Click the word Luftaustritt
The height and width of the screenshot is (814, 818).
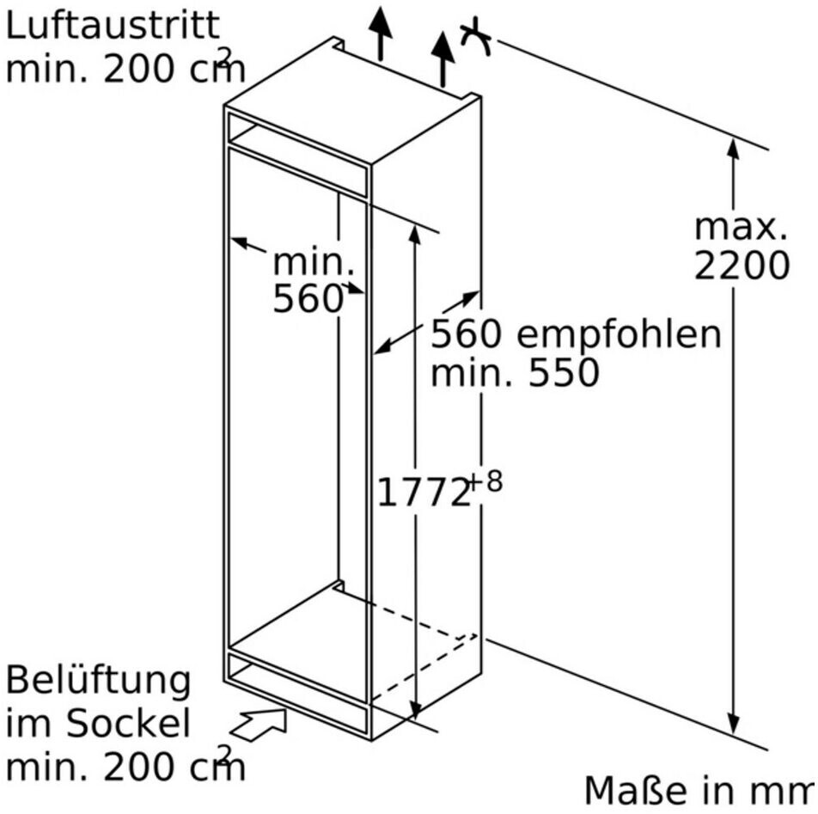click(x=113, y=25)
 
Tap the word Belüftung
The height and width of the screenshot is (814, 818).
click(x=98, y=682)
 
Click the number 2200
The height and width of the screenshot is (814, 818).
click(x=742, y=266)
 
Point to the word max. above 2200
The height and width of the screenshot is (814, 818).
click(x=741, y=228)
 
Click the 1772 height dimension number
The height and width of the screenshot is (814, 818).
click(x=423, y=492)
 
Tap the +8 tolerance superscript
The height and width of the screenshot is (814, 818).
click(x=485, y=481)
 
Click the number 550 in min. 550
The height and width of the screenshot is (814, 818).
click(x=564, y=372)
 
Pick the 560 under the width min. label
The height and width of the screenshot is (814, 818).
click(x=308, y=299)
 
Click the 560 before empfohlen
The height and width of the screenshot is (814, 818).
click(x=466, y=334)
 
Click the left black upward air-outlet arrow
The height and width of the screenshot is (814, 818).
click(x=381, y=34)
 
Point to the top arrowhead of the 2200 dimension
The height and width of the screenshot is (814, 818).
click(x=733, y=148)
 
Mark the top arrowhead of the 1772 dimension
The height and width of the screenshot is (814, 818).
click(x=415, y=235)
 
